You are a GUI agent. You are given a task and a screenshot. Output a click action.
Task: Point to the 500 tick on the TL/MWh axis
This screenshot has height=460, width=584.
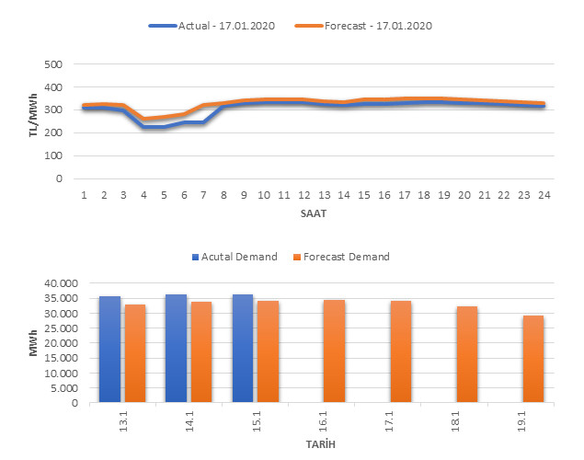(52, 65)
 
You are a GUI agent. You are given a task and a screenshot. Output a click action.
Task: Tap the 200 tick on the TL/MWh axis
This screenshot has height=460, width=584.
(52, 133)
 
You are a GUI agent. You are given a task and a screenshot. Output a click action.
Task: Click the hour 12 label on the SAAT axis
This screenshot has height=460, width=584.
(304, 194)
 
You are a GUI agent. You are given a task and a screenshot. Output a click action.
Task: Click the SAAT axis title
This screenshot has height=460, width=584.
(312, 213)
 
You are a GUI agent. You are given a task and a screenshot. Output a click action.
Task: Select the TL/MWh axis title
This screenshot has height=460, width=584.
(34, 122)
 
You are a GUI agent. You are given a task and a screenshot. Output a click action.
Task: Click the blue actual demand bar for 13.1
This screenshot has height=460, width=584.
(109, 349)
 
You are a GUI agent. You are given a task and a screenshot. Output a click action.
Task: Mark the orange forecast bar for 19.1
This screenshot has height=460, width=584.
(533, 359)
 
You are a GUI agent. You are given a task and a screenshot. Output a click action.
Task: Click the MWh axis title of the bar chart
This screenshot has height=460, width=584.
(34, 342)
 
